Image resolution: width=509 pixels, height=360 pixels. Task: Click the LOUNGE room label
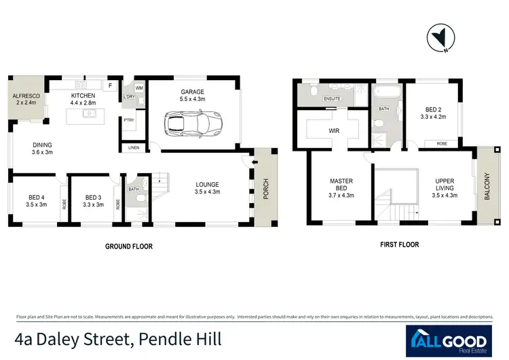207,187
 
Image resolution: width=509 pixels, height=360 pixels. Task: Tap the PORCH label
265,185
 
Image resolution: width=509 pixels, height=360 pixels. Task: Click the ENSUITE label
332,99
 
